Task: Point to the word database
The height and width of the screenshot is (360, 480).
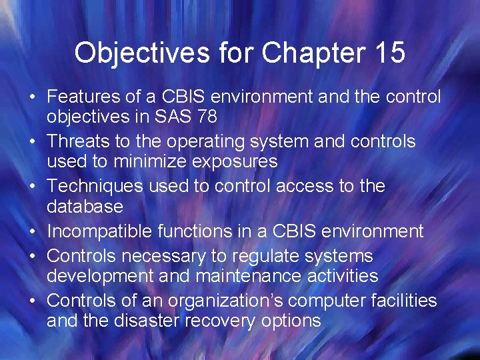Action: [x=85, y=206]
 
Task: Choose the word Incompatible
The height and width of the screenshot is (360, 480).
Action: [x=99, y=231]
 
